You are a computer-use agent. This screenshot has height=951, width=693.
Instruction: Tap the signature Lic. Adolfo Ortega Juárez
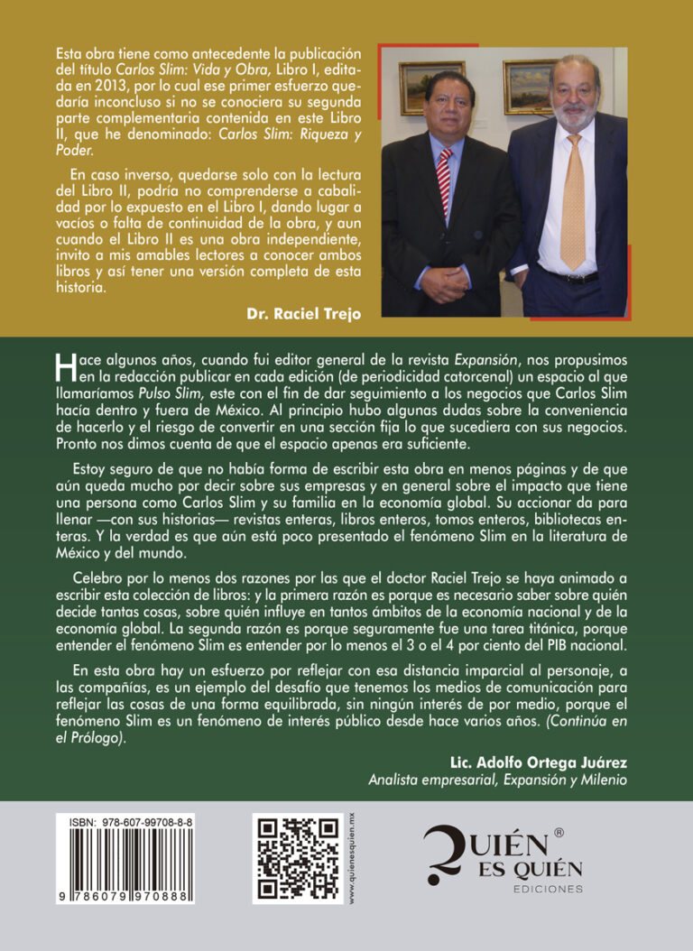point(538,761)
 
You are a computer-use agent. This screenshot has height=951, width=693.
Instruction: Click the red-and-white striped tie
point(444,184)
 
